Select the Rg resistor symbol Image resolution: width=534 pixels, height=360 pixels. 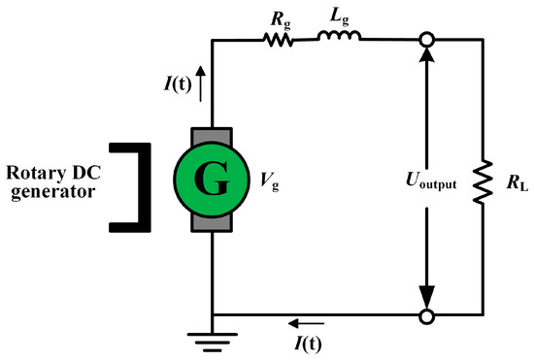point(279,41)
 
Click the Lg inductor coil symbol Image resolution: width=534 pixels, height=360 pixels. point(340,39)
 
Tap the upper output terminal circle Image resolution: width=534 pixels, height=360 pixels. point(425,41)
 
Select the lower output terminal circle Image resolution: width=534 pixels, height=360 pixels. point(425,315)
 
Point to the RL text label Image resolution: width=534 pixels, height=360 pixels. point(513,180)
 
